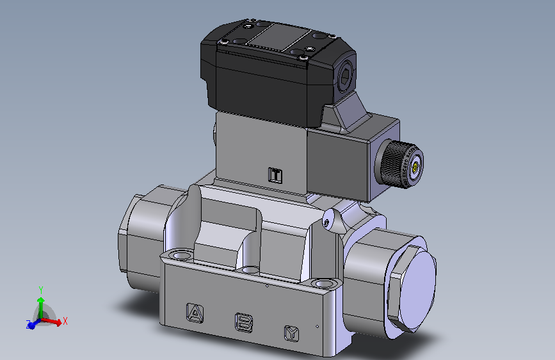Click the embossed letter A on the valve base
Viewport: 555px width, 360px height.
pos(193,312)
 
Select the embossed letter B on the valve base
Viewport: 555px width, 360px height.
pos(243,322)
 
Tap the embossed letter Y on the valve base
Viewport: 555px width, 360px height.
pos(292,332)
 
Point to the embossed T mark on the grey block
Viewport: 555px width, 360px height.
pos(275,175)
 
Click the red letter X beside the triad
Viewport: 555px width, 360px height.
pos(65,320)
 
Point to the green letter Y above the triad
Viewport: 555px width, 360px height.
pos(41,290)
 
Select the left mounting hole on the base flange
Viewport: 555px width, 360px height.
pos(182,256)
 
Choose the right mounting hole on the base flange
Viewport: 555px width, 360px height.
pos(323,282)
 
